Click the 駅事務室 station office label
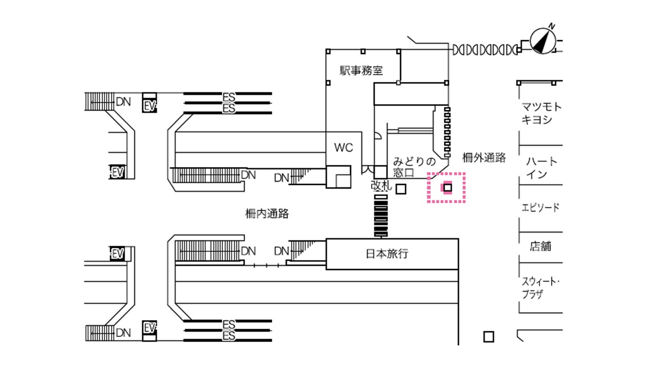(361, 71)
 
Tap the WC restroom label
(344, 148)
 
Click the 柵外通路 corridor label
(484, 158)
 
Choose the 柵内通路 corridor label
(267, 213)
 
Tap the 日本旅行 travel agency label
(387, 254)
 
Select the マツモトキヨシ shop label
(541, 113)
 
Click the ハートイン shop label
(541, 168)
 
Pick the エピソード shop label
(541, 207)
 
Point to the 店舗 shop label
(541, 246)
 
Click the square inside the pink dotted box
(447, 188)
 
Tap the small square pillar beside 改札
(402, 189)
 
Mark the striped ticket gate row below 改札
(381, 216)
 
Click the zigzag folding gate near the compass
(484, 50)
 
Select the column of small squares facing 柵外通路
(447, 131)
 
